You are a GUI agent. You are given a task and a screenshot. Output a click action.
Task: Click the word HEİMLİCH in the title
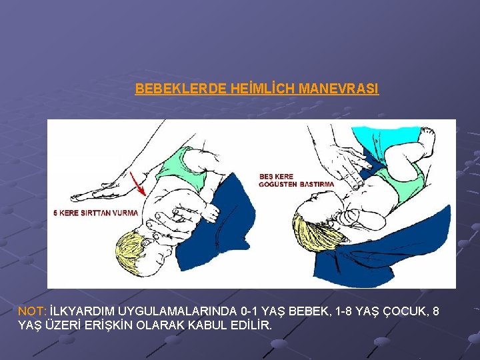pyautogui.click(x=262, y=89)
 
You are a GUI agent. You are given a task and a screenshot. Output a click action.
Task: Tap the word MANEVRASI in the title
pyautogui.click(x=338, y=89)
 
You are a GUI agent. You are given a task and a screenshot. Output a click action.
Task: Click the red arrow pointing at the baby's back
pyautogui.click(x=137, y=184)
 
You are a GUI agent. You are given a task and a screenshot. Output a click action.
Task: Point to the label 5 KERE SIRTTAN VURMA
pyautogui.click(x=96, y=213)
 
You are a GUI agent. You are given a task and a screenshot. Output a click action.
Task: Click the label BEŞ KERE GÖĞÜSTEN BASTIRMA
pyautogui.click(x=296, y=181)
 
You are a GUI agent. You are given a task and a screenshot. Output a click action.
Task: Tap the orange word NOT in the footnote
pyautogui.click(x=32, y=311)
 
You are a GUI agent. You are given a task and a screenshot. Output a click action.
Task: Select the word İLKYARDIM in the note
pyautogui.click(x=82, y=311)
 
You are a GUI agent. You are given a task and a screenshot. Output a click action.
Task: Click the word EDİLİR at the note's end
pyautogui.click(x=251, y=325)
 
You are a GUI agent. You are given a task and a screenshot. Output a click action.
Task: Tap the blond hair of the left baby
pyautogui.click(x=129, y=249)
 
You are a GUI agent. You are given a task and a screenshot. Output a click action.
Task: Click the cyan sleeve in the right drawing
pyautogui.click(x=386, y=139)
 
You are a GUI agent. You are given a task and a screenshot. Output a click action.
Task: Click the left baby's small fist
pyautogui.click(x=211, y=212)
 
